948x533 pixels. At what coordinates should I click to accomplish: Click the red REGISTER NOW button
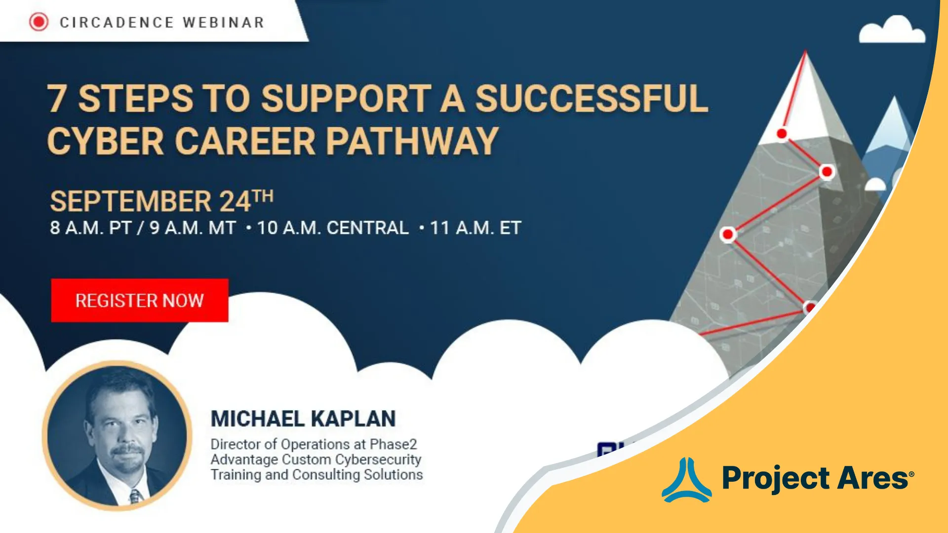point(140,300)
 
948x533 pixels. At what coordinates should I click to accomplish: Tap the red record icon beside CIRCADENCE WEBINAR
point(39,22)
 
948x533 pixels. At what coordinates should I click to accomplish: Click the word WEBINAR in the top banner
point(223,23)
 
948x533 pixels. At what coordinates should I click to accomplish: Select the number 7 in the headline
point(57,99)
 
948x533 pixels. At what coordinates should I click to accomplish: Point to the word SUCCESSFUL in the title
point(592,99)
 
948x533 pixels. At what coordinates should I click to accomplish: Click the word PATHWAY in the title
point(412,141)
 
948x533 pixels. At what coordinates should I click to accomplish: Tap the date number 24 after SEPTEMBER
point(235,201)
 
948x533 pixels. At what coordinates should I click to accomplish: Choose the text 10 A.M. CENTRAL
point(333,228)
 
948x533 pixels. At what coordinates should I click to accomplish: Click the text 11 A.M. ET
point(475,228)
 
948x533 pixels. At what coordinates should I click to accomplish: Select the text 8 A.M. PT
point(90,228)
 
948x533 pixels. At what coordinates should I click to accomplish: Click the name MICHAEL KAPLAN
point(303,419)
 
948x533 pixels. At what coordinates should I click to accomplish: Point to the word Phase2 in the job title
point(393,444)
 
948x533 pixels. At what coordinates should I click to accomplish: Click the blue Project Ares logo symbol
point(686,480)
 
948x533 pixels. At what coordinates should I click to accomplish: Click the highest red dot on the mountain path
point(782,134)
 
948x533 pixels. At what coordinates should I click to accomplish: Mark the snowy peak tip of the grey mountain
point(805,51)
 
